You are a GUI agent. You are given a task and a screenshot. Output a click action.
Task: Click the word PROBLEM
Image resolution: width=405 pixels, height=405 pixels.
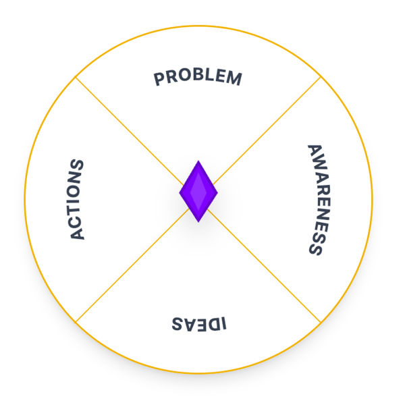[198, 77]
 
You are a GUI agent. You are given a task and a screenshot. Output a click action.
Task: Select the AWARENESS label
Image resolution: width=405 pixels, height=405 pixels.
[319, 200]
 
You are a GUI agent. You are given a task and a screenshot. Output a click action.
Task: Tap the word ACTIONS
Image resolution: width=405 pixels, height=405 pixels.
[77, 199]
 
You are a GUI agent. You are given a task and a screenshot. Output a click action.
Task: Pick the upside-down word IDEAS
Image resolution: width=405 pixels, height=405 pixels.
[199, 323]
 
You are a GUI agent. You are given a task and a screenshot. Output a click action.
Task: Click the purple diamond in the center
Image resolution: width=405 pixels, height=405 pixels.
[198, 192]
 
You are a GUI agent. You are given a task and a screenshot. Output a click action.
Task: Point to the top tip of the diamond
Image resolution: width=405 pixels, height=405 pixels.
[198, 161]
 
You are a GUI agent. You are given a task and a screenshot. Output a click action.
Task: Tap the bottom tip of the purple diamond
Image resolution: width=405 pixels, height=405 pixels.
[198, 222]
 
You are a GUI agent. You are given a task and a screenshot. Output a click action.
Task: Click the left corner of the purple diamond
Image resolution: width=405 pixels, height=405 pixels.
[180, 192]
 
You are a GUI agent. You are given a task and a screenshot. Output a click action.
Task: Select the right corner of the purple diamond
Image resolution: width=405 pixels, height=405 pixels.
[218, 192]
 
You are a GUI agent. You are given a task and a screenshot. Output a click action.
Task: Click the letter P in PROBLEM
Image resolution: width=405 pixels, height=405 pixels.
[159, 78]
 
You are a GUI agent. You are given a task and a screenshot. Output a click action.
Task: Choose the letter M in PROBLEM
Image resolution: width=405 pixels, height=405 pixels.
[234, 78]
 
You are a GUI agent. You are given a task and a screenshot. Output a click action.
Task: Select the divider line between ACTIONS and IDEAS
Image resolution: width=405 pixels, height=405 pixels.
[132, 266]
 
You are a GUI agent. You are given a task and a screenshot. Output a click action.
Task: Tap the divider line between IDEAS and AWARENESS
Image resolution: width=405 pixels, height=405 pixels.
[264, 266]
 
